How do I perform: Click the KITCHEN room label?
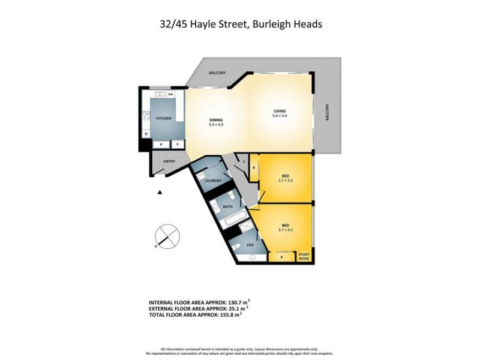[x=164, y=118]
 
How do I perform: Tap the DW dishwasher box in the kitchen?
[x=170, y=95]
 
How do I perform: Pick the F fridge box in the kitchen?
[x=178, y=144]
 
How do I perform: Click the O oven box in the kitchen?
[x=146, y=133]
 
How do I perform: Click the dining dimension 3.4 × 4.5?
[x=215, y=124]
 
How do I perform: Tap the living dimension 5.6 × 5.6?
[x=280, y=116]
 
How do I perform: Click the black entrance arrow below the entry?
[x=160, y=192]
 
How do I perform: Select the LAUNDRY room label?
[x=213, y=181]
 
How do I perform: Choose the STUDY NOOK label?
[x=305, y=256]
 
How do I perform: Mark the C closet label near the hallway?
[x=244, y=161]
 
